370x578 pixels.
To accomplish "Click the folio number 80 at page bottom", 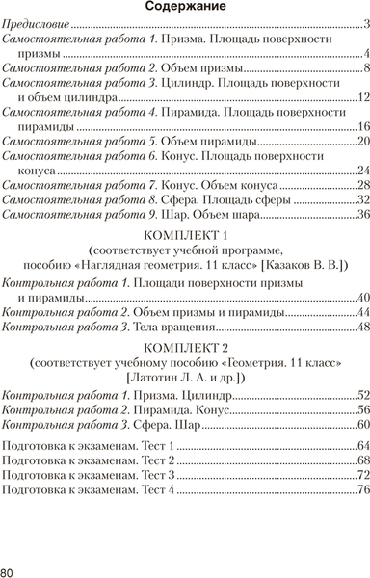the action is tap(9, 569).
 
